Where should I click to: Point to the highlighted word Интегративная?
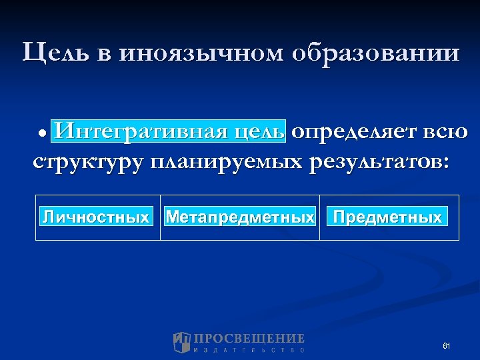[x=142, y=131]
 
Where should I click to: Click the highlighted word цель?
[x=259, y=131]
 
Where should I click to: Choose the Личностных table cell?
[x=96, y=217]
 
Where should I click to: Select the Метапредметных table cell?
[x=240, y=217]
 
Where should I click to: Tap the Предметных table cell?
[x=387, y=217]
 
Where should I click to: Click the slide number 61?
[x=447, y=345]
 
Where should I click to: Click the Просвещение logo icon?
[x=181, y=342]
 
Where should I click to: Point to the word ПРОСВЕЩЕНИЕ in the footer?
[x=249, y=339]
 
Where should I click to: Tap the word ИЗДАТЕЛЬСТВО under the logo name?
[x=249, y=349]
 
